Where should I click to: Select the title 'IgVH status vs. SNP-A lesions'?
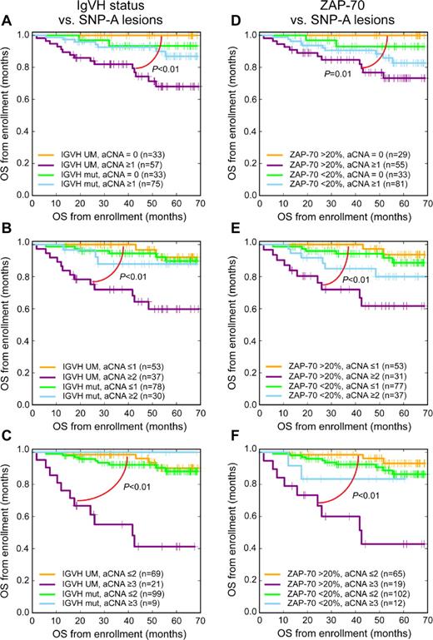point(115,13)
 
